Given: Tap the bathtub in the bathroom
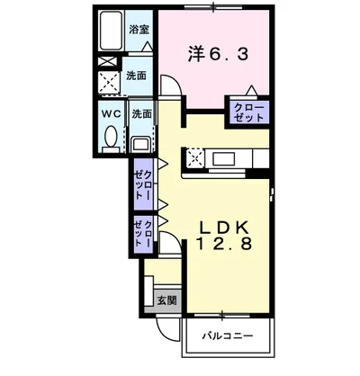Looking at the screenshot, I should (112, 32).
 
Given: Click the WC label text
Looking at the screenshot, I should (111, 115).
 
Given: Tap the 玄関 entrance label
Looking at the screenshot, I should (166, 300).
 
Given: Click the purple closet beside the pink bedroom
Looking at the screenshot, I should (249, 112).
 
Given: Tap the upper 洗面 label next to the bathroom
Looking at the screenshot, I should (137, 76).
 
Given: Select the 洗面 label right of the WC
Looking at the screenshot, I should (142, 115).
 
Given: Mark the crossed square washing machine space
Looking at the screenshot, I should (111, 82).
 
